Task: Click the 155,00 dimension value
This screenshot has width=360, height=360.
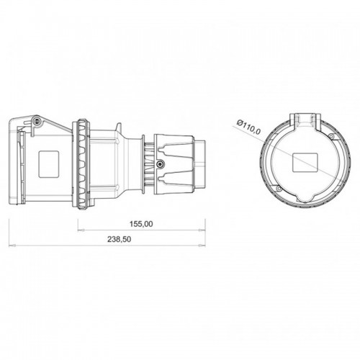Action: point(140,224)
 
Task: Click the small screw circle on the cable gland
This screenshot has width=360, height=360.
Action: point(160,165)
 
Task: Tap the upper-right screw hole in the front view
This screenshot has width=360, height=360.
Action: point(330,136)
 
